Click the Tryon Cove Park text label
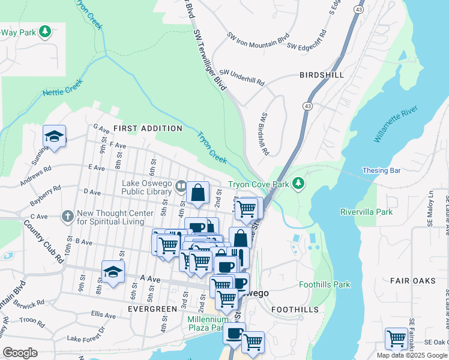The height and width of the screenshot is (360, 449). [x=258, y=184]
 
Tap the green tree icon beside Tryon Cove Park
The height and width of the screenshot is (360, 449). [x=298, y=184]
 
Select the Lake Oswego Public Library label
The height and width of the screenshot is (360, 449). [x=147, y=187]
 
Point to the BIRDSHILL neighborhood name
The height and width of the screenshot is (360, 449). [x=322, y=75]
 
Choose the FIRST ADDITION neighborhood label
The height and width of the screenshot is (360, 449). [x=148, y=128]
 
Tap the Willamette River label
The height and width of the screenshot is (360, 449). [x=395, y=125]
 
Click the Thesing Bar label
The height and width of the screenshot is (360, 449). [x=381, y=171]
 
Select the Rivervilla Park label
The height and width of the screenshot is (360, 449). [x=366, y=212]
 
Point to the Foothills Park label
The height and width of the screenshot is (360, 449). [x=324, y=284]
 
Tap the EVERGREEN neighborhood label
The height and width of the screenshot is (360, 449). [x=152, y=308]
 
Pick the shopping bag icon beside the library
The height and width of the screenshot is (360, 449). [x=197, y=192]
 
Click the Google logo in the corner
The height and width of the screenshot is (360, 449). [x=20, y=352]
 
